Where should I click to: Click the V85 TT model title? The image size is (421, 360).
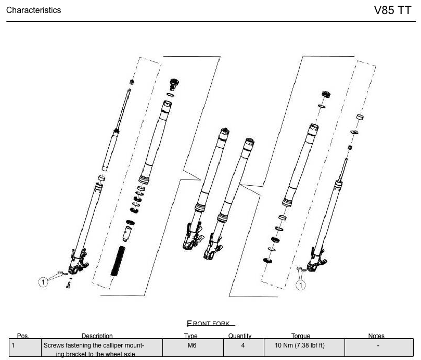pyautogui.click(x=392, y=10)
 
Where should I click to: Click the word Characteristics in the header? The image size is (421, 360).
pyautogui.click(x=33, y=10)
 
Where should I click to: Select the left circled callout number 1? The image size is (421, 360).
pyautogui.click(x=44, y=281)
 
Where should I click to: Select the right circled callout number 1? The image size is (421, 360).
pyautogui.click(x=301, y=285)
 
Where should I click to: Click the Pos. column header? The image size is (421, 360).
pyautogui.click(x=23, y=336)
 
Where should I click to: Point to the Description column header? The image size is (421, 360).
pyautogui.click(x=97, y=336)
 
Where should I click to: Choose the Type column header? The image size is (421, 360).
pyautogui.click(x=191, y=336)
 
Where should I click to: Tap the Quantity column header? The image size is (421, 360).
pyautogui.click(x=240, y=336)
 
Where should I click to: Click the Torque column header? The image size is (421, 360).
pyautogui.click(x=301, y=336)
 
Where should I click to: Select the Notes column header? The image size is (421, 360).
pyautogui.click(x=376, y=336)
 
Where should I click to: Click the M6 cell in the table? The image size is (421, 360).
pyautogui.click(x=191, y=345)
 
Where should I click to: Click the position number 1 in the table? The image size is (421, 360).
pyautogui.click(x=14, y=345)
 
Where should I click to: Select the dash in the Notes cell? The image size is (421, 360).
pyautogui.click(x=378, y=345)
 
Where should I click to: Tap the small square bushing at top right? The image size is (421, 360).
pyautogui.click(x=359, y=117)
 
